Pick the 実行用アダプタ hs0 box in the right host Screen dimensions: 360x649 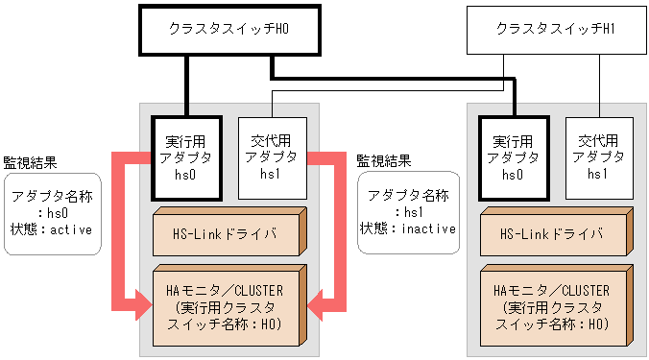pos(513,157)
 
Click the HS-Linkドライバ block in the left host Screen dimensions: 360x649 pos(225,234)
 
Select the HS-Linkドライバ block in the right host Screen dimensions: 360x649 pos(553,234)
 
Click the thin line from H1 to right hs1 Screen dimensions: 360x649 pos(599,86)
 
